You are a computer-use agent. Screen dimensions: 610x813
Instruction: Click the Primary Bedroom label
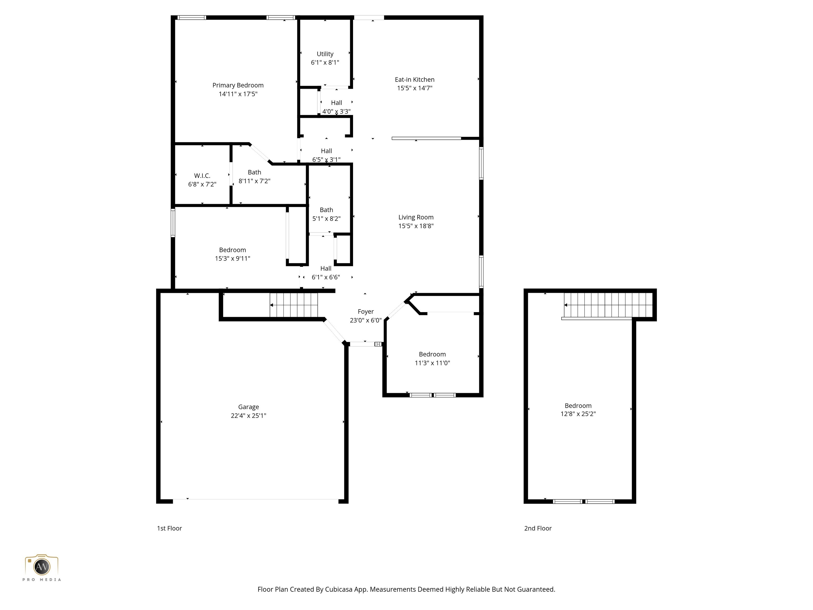click(x=238, y=85)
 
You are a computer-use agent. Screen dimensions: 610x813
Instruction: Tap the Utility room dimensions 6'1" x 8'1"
click(x=325, y=62)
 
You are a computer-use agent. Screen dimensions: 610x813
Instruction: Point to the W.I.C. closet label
click(x=202, y=176)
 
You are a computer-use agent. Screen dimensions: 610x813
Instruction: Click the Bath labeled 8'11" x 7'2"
click(x=254, y=172)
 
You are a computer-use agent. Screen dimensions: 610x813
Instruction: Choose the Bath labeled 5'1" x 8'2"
click(x=326, y=210)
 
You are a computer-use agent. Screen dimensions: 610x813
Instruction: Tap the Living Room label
click(x=416, y=217)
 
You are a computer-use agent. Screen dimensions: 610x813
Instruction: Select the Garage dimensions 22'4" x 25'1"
click(x=249, y=415)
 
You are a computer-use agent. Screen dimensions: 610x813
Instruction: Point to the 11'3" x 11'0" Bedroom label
click(x=432, y=355)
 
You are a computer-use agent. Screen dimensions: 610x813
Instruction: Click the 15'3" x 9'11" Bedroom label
click(x=232, y=250)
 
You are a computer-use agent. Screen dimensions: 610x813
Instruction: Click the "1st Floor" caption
click(x=169, y=528)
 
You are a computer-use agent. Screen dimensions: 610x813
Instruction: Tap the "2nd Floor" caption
click(x=538, y=528)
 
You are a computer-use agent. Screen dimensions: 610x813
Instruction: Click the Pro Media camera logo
click(x=42, y=566)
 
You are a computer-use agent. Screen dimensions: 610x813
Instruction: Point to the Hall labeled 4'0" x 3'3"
click(x=336, y=103)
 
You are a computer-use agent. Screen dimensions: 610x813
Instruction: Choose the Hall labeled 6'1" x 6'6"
click(x=326, y=269)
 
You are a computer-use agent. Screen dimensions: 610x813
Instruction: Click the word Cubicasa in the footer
click(x=338, y=589)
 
